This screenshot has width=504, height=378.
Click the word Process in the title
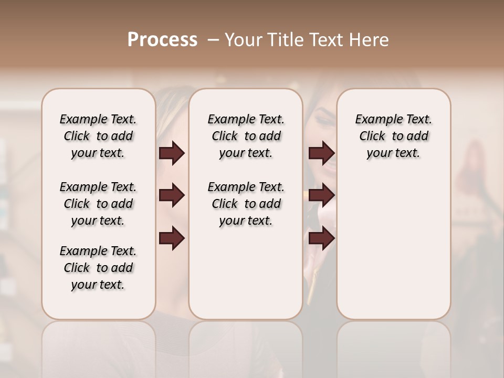click(162, 40)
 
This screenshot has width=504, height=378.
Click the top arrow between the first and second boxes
click(172, 153)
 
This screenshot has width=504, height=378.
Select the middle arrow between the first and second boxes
click(172, 196)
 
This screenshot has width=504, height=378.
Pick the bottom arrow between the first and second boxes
click(172, 239)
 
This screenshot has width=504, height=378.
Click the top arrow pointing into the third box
click(322, 153)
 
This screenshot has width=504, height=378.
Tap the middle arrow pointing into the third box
click(322, 196)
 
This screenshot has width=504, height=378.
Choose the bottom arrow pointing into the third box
click(322, 239)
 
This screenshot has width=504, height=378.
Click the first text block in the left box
click(98, 136)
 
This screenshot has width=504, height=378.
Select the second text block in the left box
click(98, 204)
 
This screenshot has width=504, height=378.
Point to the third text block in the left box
click(98, 268)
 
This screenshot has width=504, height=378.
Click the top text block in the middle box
click(246, 136)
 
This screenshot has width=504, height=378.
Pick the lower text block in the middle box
click(246, 204)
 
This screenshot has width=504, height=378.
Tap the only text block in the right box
click(393, 136)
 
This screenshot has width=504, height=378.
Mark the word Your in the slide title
click(240, 40)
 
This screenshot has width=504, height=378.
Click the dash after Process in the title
click(213, 40)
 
